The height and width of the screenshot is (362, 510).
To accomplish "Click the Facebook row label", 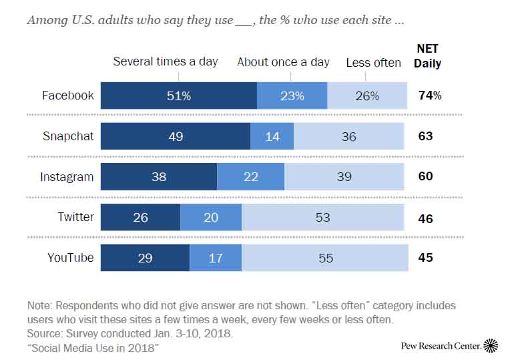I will (67, 96).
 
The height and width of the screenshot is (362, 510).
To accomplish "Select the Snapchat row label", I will (67, 136).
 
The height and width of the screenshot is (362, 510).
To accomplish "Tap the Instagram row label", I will (66, 177).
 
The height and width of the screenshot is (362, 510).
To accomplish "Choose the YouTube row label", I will (70, 258).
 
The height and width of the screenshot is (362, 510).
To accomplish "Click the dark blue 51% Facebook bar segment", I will (178, 96).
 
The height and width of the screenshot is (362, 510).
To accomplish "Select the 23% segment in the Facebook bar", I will (292, 96).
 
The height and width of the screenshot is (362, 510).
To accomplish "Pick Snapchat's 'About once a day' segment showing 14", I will (271, 136).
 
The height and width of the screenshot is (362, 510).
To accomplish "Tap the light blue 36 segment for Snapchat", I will (348, 136).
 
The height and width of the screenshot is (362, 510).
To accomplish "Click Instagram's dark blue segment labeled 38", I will (158, 177).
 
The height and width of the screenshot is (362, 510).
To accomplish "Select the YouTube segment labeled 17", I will (216, 258).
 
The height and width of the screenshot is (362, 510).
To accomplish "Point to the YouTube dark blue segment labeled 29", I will (145, 258).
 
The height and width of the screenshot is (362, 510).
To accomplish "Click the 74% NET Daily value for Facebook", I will (430, 96).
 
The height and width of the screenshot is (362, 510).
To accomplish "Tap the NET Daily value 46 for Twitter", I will (425, 218).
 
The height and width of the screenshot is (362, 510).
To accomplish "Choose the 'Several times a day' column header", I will (166, 61).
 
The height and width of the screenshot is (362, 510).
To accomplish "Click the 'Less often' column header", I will (373, 63).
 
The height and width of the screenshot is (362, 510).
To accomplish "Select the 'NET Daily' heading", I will (429, 56).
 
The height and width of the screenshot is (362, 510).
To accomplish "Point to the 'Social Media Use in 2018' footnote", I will (93, 348).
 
